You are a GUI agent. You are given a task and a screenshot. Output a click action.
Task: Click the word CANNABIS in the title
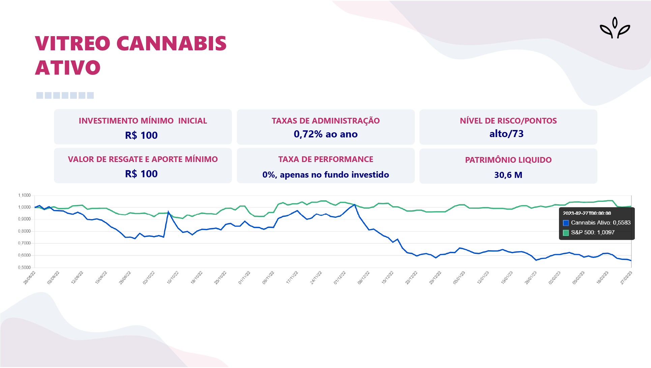171,44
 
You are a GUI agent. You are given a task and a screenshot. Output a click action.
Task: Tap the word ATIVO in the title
68,68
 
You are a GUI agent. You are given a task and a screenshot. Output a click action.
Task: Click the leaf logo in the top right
615,28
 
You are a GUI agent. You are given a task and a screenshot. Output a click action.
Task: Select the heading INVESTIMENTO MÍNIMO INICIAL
143,121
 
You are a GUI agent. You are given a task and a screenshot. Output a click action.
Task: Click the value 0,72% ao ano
325,134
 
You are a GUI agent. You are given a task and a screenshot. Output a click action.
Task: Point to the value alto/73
506,134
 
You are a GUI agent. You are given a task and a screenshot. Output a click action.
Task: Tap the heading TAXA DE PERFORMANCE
325,159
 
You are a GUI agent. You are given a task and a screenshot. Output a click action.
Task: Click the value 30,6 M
508,175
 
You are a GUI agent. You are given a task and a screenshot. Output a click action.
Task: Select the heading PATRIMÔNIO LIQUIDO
508,160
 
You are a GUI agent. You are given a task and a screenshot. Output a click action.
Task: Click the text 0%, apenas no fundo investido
325,175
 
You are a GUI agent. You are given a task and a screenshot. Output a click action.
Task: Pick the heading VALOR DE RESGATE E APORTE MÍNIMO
143,159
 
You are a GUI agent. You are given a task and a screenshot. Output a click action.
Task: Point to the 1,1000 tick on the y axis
24,195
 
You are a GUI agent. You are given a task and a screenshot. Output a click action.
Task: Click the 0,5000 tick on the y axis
24,267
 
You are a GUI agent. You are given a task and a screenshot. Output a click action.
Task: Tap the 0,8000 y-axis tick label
24,231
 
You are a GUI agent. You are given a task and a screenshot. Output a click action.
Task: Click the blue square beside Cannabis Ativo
566,223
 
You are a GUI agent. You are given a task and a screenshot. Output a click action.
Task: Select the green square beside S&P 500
566,233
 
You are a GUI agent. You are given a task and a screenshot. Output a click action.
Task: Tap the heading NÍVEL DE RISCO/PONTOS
508,121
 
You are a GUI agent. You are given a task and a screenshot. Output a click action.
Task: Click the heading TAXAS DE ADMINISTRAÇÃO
325,121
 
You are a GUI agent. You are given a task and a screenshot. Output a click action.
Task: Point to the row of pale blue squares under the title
65,96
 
